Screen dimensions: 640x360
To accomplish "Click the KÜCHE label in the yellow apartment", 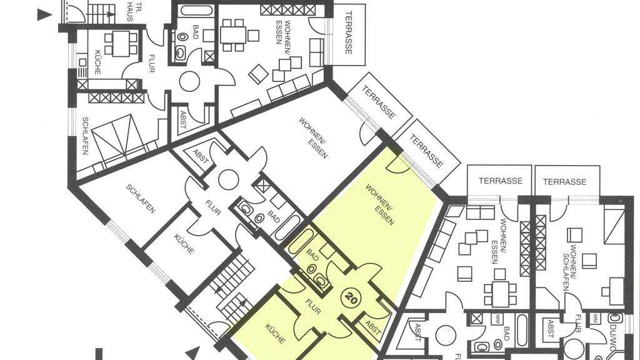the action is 275,334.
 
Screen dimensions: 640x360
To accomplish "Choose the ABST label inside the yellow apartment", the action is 373,327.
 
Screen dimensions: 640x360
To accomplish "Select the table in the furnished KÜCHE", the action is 121,44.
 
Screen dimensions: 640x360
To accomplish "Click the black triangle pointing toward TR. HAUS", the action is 44,15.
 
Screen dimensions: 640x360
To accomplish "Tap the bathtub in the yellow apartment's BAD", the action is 301,241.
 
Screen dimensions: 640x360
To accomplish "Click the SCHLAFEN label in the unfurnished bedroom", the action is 141,199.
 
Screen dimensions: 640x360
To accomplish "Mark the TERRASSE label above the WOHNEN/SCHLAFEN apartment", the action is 564,182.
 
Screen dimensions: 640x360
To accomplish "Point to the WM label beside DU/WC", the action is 595,319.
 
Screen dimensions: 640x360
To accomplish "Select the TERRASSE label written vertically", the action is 348,32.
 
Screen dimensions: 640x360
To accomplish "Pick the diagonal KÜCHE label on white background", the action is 184,244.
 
